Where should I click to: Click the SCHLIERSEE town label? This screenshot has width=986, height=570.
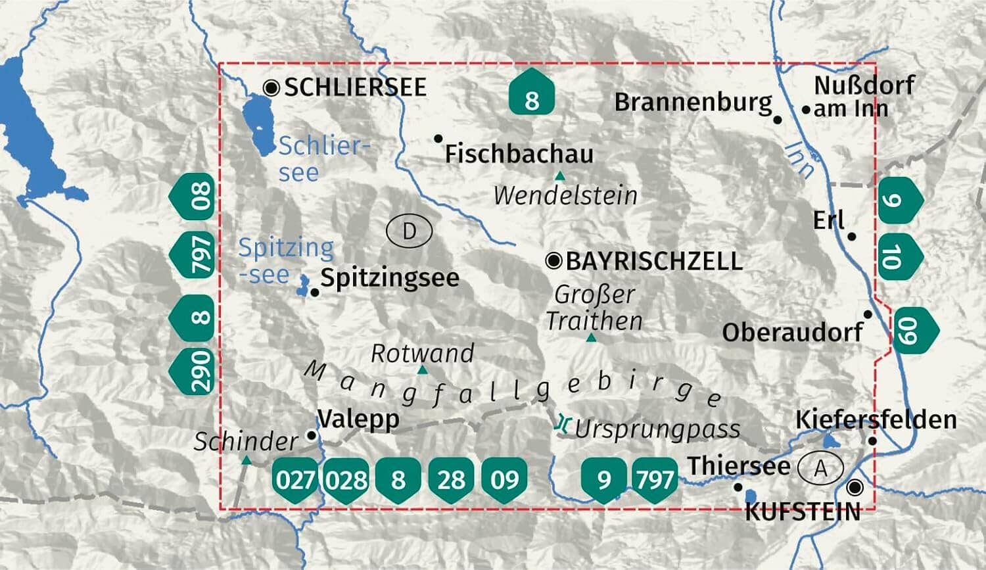click(355, 87)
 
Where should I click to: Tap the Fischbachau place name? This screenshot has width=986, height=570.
click(519, 154)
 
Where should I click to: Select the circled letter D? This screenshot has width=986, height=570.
click(409, 231)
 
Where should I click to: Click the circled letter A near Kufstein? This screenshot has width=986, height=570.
click(820, 469)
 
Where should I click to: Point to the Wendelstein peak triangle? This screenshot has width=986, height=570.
click(559, 176)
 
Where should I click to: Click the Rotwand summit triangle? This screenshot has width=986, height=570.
click(423, 370)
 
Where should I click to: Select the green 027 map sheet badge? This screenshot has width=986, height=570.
click(294, 480)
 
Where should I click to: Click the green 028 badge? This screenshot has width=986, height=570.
click(346, 480)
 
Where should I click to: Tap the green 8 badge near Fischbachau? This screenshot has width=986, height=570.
click(532, 96)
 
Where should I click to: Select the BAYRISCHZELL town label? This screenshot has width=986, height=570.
click(653, 261)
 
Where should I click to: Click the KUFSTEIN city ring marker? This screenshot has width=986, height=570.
click(855, 488)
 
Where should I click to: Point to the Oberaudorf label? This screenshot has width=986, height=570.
click(792, 332)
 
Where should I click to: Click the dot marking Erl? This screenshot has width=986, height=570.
click(852, 237)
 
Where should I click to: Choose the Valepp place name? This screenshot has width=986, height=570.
click(358, 418)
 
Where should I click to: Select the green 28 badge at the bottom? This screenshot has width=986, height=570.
click(451, 480)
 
